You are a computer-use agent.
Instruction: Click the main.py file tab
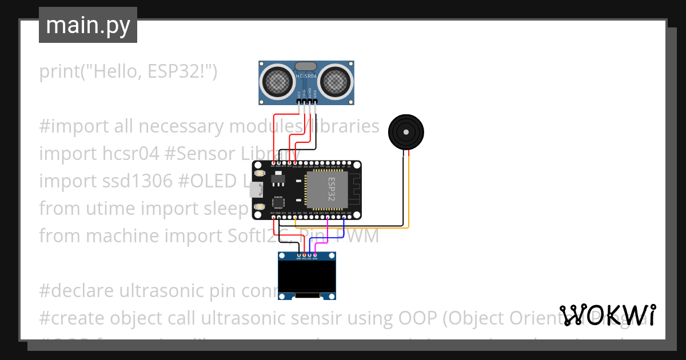[x=87, y=25]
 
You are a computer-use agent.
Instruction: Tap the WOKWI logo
[x=607, y=315]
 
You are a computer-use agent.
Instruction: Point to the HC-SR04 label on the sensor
[x=306, y=75]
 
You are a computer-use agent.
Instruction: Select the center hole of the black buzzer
[x=406, y=132]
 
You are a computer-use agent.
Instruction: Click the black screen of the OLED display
[x=306, y=276]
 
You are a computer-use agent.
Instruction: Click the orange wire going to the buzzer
[x=408, y=194]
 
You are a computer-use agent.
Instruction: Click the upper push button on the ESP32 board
[x=260, y=173]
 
